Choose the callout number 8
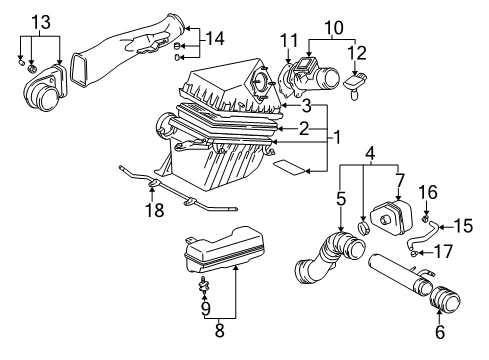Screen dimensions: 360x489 [x=235, y=325]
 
